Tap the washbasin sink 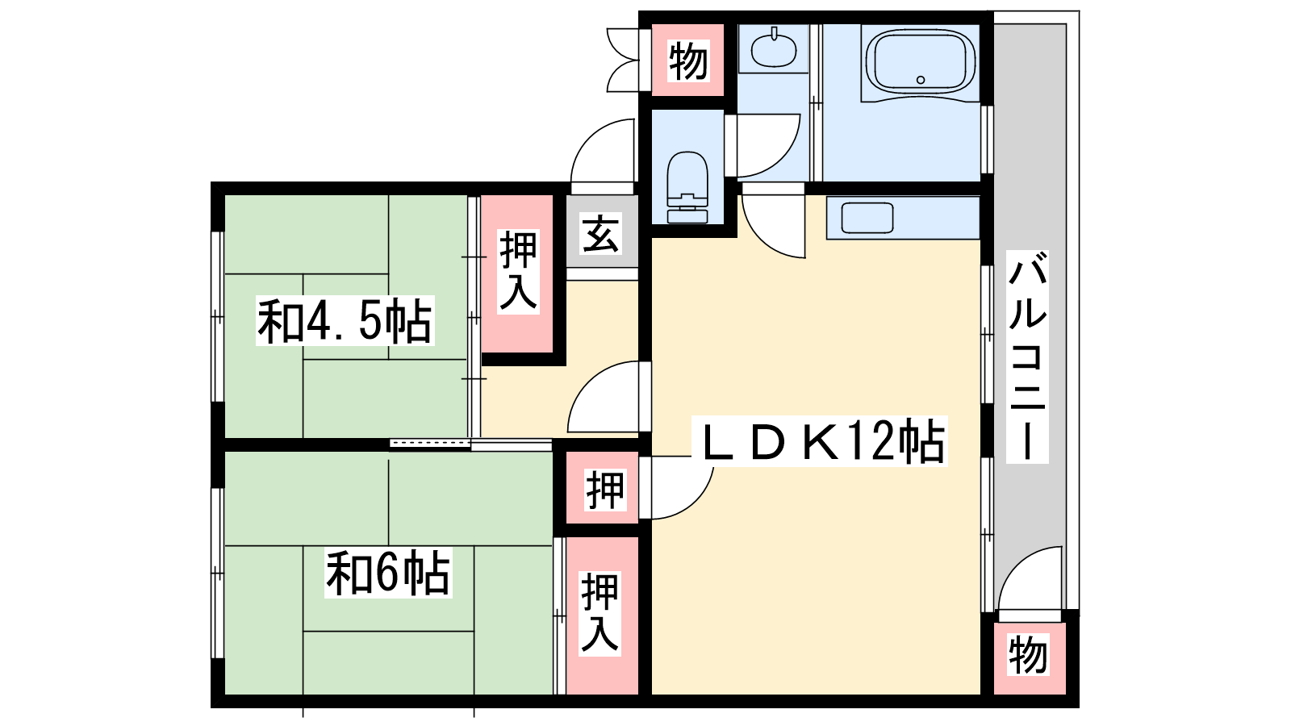coord(774,48)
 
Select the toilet coord(687,186)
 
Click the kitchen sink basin coord(867,218)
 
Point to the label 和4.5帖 coord(345,321)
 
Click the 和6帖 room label coord(388,574)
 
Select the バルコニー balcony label coord(1027,357)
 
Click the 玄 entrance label coord(601,233)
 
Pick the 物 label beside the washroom coord(688,61)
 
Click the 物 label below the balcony coord(1028,654)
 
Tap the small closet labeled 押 coord(605,490)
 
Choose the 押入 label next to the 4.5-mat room coord(519,272)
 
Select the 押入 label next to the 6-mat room coord(600,614)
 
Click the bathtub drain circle coord(921,80)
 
